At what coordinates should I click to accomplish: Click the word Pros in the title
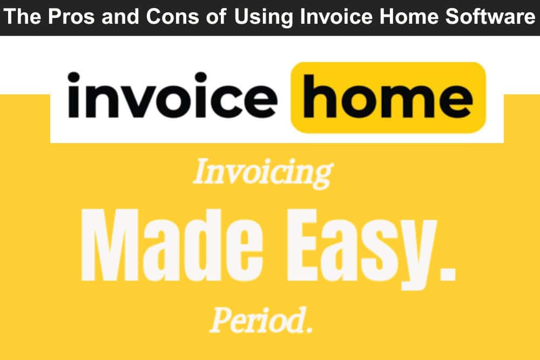71,16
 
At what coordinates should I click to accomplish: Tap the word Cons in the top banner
173,16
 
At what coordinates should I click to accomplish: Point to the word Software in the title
490,16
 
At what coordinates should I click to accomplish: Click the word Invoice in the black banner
336,16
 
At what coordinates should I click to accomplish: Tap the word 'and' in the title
120,16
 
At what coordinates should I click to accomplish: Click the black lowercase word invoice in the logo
172,95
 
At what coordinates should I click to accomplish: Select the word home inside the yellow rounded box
387,96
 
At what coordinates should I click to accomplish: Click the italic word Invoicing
263,173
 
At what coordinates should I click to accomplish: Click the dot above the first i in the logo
73,77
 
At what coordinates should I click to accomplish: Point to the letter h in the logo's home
319,96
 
